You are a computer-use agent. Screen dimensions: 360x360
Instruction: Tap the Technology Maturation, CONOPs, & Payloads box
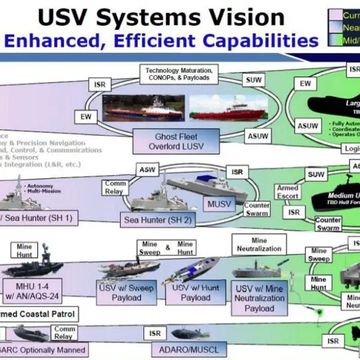(179, 74)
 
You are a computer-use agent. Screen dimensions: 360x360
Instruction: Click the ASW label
(147, 170)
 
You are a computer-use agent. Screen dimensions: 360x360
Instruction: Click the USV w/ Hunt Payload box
(196, 293)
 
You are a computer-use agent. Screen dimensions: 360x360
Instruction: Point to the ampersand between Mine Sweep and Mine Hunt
(167, 246)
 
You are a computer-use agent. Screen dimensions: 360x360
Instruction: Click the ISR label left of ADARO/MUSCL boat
(155, 333)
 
